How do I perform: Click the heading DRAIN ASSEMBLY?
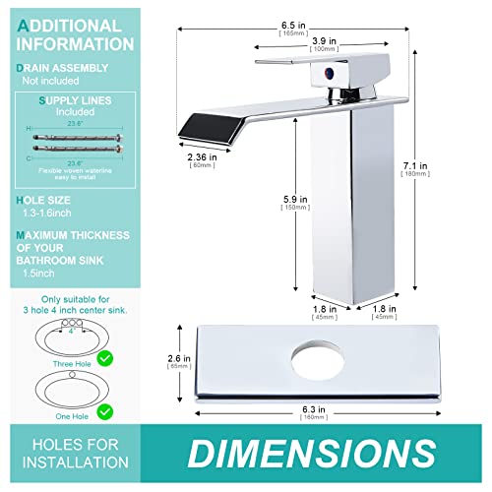pyautogui.click(x=65, y=68)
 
